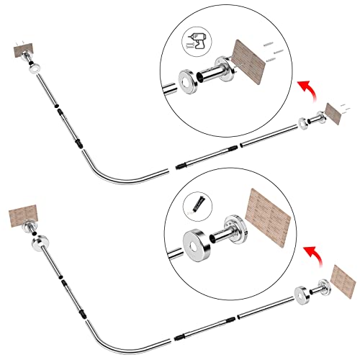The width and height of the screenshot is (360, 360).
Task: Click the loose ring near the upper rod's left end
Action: click(34, 71)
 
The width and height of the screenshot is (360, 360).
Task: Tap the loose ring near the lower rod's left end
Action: click(35, 243)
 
